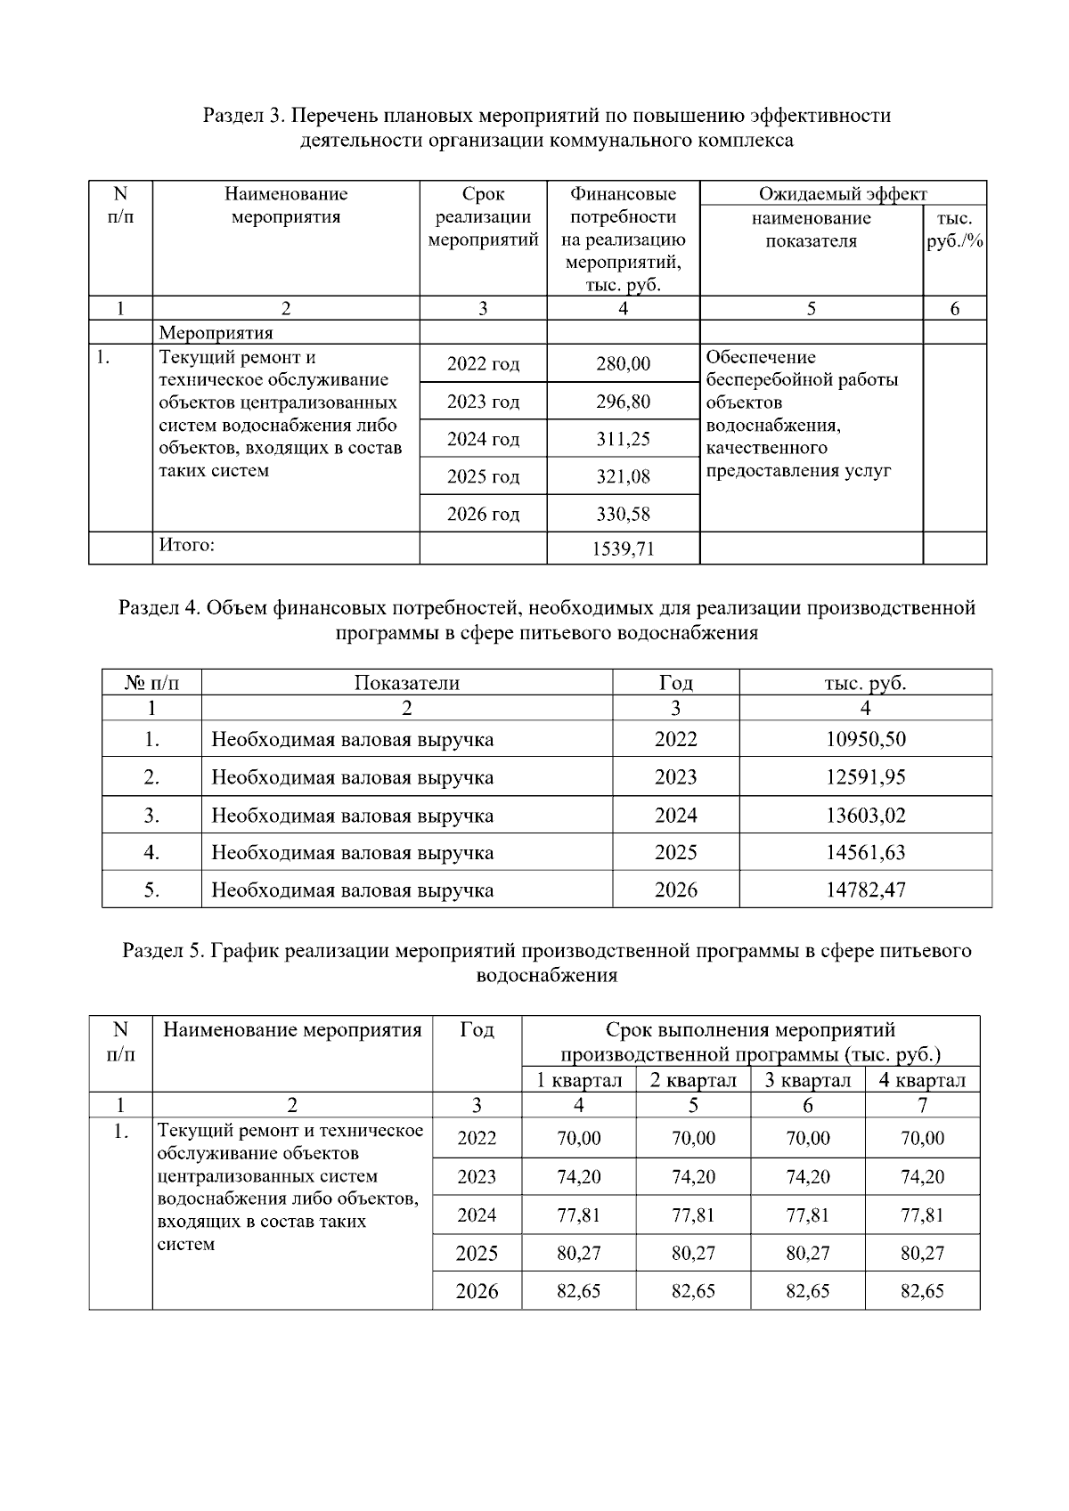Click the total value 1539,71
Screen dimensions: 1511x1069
(x=623, y=548)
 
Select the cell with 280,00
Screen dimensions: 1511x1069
(x=623, y=363)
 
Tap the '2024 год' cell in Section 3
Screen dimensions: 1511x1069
(x=483, y=439)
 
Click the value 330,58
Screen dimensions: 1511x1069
(x=623, y=514)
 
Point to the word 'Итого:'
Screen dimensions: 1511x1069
(x=187, y=545)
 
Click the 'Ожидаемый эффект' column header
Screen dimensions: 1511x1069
(x=843, y=193)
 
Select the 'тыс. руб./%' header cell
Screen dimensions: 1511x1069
(x=954, y=230)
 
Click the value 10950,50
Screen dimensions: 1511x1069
(x=865, y=739)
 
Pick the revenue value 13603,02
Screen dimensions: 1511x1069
(x=865, y=815)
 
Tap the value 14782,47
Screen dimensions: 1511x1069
(x=865, y=890)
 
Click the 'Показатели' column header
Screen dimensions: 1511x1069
(x=407, y=683)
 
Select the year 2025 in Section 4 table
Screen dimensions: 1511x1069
(x=675, y=852)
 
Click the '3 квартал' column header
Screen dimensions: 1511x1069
(x=807, y=1080)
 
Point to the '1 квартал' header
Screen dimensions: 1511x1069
(x=578, y=1080)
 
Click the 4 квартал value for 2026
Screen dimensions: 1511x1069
(x=922, y=1291)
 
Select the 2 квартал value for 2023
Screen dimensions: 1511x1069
(x=693, y=1176)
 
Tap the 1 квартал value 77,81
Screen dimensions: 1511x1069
(x=578, y=1214)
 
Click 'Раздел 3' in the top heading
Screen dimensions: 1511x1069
(x=238, y=116)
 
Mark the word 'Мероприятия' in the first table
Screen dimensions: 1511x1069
(x=216, y=333)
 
